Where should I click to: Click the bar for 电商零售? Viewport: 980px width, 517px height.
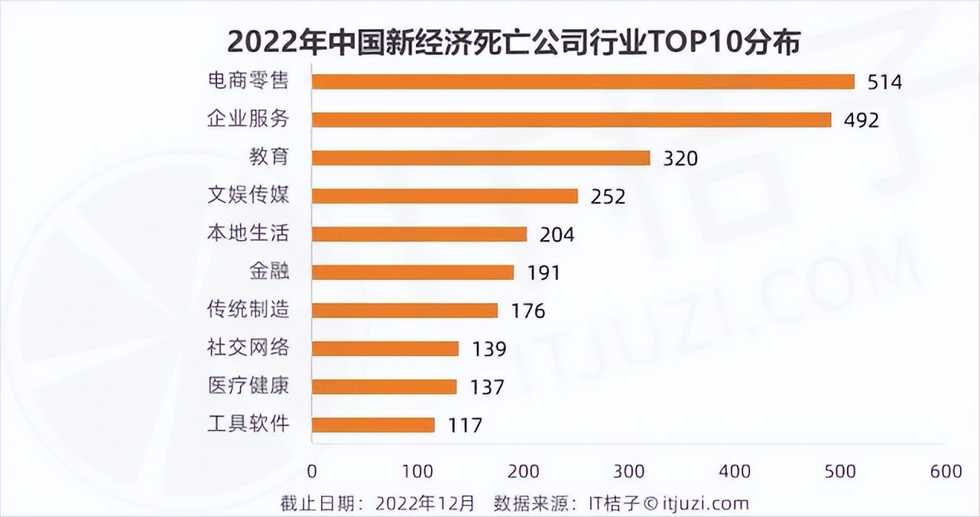coord(582,82)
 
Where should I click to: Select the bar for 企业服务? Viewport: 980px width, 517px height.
coord(571,120)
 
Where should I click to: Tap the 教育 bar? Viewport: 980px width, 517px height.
coord(481,158)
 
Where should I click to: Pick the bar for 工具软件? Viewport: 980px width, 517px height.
coord(373,424)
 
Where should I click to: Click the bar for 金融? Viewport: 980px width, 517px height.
coord(413,272)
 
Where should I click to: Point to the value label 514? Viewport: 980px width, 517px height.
coord(884,83)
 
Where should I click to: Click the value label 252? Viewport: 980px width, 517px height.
coord(608,197)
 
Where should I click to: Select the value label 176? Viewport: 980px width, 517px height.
coord(527,311)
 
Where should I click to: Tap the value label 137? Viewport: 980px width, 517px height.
coord(487,387)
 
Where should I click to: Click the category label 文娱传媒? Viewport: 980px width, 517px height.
coord(248,195)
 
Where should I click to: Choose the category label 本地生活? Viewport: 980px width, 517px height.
coord(248,233)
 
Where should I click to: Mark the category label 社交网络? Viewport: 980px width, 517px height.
coord(248,348)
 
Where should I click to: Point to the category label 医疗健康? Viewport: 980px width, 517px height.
coord(248,385)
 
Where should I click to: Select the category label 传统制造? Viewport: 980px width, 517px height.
coord(248,310)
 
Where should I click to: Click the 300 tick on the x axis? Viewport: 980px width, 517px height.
coord(628,471)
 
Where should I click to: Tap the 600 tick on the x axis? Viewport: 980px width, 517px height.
coord(946,471)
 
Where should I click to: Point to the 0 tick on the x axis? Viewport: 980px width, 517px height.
coord(312,471)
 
